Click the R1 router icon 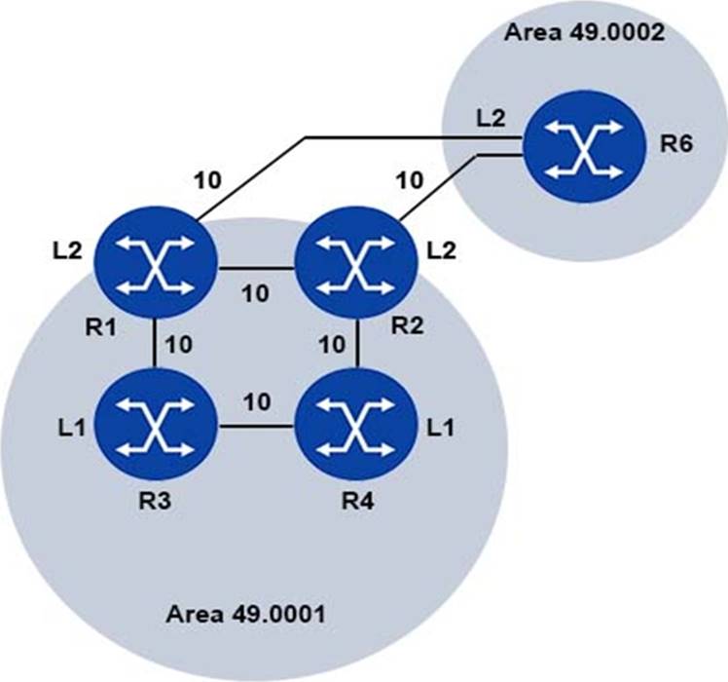tap(156, 263)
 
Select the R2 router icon tap(356, 263)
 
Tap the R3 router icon tap(156, 425)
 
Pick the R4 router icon tap(356, 425)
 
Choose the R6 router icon tap(584, 146)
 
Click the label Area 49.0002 tap(584, 32)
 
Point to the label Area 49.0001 tap(245, 614)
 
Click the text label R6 tap(676, 144)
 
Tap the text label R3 tap(155, 501)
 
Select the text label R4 tap(357, 501)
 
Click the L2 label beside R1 tap(67, 251)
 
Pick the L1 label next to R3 tap(72, 428)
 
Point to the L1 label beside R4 tap(441, 428)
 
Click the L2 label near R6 tap(491, 119)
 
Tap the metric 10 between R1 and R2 tap(255, 294)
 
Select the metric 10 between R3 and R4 tap(257, 401)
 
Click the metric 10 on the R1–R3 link tap(179, 345)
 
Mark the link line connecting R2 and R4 tap(357, 344)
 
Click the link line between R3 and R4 tap(256, 426)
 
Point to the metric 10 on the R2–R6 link tap(409, 180)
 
